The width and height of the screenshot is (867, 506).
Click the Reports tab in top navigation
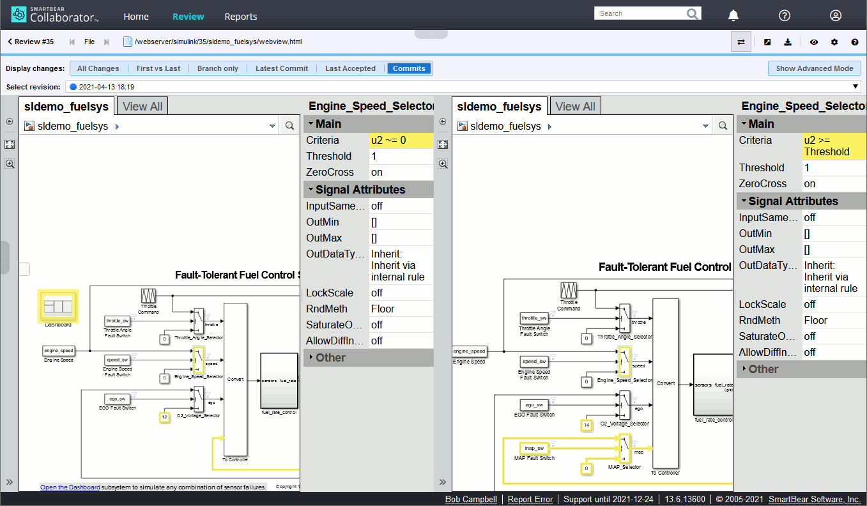click(240, 17)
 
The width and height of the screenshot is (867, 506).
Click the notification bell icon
click(733, 16)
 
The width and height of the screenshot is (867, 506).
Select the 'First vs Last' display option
click(158, 68)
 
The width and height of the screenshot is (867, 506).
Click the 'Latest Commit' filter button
click(281, 68)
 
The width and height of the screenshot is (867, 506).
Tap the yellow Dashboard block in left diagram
click(58, 306)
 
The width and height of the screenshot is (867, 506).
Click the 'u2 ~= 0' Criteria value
click(388, 140)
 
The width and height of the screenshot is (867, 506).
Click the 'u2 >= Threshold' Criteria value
click(827, 146)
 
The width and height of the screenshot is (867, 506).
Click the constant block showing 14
click(587, 424)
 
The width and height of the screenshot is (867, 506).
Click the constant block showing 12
click(164, 417)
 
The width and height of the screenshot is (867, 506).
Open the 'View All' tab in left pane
click(142, 107)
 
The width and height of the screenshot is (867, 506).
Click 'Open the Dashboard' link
click(70, 487)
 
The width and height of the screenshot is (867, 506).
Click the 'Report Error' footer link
click(530, 499)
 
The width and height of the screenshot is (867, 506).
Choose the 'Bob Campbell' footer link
click(470, 499)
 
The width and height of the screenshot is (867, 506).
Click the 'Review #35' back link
click(31, 42)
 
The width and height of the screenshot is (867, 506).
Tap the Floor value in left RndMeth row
click(383, 309)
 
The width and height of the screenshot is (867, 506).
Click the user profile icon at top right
click(835, 16)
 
